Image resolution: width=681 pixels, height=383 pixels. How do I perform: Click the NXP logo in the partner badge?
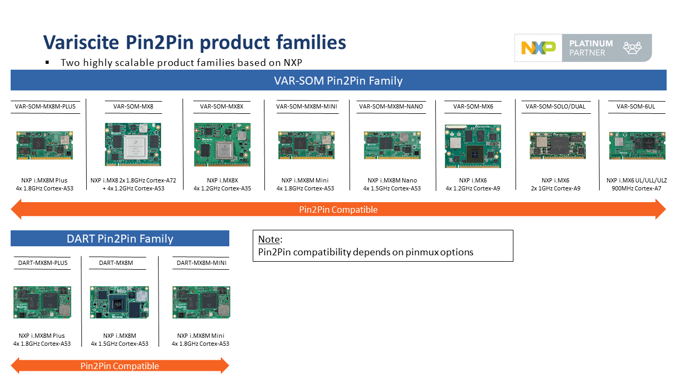538,48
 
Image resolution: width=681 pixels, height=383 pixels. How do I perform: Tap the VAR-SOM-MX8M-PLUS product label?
45,106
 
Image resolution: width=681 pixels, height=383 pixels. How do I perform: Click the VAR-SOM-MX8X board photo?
222,145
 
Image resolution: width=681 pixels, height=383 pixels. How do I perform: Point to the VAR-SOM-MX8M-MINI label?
306,106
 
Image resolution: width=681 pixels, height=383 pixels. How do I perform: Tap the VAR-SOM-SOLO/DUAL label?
555,106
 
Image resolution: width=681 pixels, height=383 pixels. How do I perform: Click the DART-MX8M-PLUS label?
43,263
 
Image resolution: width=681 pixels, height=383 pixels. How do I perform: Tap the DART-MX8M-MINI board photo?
201,303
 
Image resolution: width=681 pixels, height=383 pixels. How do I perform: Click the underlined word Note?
269,239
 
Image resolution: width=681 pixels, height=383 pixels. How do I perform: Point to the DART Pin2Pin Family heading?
120,239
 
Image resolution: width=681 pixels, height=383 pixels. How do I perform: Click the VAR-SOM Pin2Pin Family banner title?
338,81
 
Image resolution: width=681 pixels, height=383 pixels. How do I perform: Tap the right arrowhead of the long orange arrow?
660,209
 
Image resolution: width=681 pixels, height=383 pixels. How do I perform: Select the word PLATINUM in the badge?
591,43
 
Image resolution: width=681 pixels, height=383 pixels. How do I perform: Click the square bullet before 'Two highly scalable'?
47,62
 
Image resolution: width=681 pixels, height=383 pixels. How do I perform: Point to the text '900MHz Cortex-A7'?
637,188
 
